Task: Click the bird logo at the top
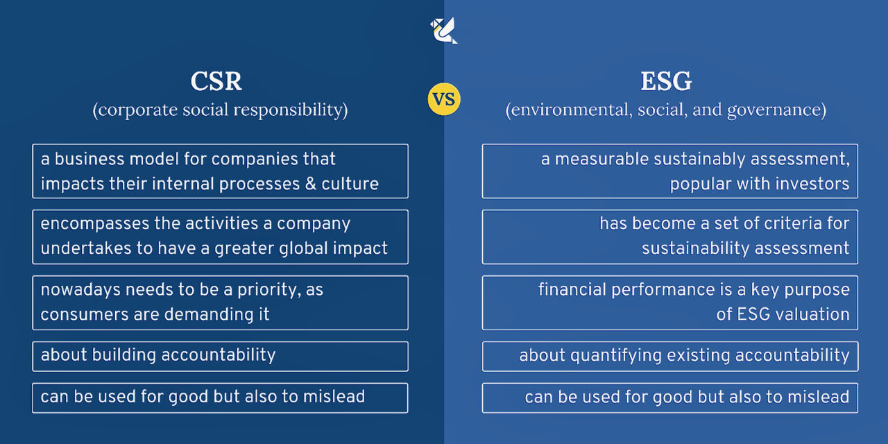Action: click(443, 30)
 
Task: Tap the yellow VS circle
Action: click(444, 99)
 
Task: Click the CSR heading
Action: click(216, 82)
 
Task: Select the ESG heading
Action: click(666, 82)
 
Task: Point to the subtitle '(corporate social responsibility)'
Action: click(220, 110)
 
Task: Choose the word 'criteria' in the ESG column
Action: click(770, 224)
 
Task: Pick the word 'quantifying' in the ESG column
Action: click(610, 356)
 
